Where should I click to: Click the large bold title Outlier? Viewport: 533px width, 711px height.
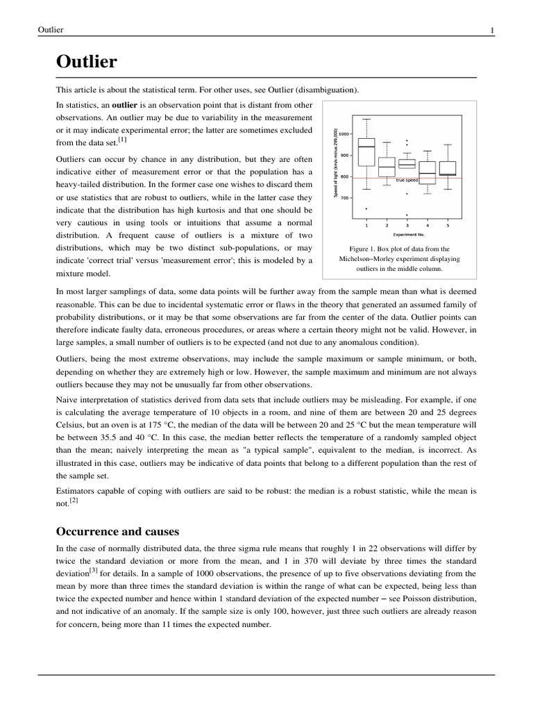point(86,62)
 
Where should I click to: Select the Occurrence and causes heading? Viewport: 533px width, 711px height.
point(117,531)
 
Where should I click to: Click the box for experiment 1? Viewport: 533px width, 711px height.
point(366,152)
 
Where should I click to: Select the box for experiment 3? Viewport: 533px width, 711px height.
point(407,164)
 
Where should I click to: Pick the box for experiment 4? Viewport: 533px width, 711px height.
point(428,173)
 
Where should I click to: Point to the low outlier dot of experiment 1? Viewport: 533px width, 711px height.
point(366,208)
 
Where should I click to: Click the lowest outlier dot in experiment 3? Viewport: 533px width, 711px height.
point(407,215)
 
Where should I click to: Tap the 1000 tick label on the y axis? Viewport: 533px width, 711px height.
point(344,133)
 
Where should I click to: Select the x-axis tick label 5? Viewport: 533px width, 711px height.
point(448,226)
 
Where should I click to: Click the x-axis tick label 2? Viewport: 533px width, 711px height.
point(387,226)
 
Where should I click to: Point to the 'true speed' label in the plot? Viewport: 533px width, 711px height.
point(407,181)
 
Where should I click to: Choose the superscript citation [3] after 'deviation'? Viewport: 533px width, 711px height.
point(93,570)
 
